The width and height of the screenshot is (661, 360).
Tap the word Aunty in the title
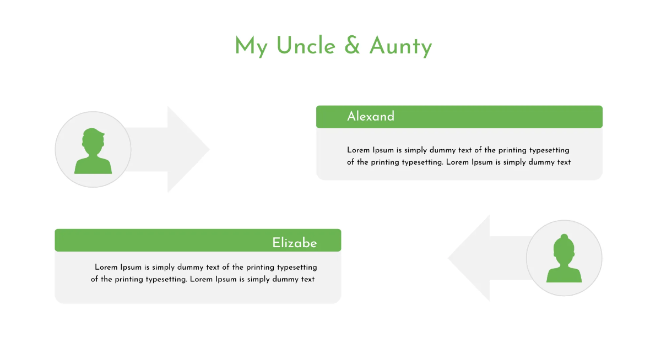tap(400, 47)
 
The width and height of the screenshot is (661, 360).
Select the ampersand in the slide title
tap(352, 46)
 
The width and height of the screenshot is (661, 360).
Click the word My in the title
tap(251, 47)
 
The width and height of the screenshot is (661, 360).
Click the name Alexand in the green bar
tap(371, 117)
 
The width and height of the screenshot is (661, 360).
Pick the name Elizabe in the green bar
tap(295, 243)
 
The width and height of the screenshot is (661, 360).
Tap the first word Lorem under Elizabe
tap(106, 267)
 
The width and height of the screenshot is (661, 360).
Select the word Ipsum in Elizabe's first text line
tap(131, 267)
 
